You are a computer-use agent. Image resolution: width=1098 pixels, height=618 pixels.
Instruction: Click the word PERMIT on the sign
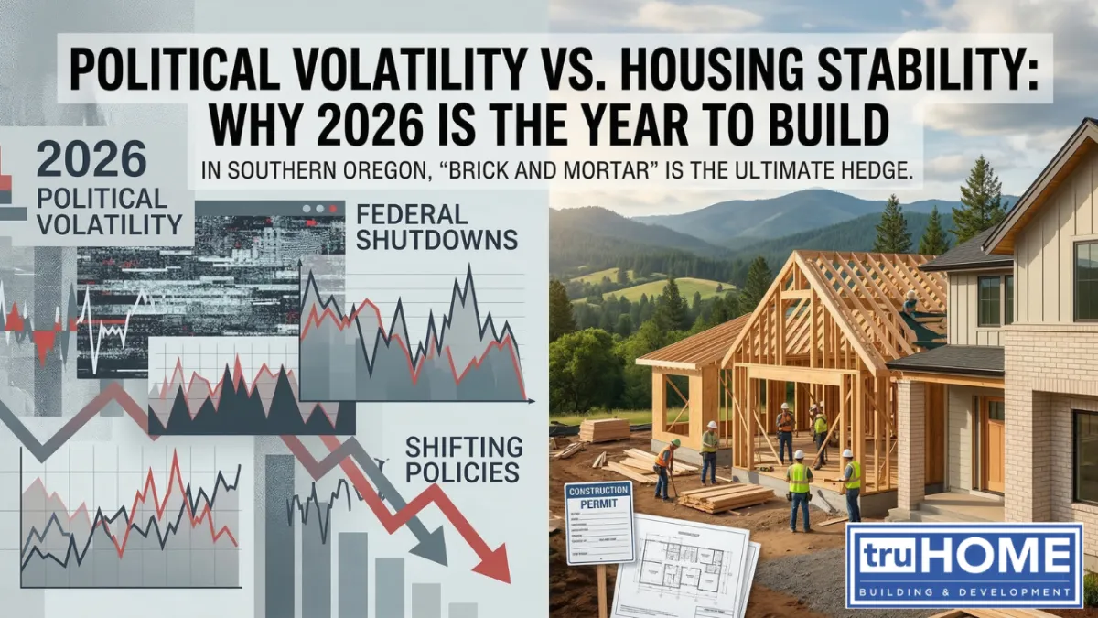(x=599, y=504)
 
